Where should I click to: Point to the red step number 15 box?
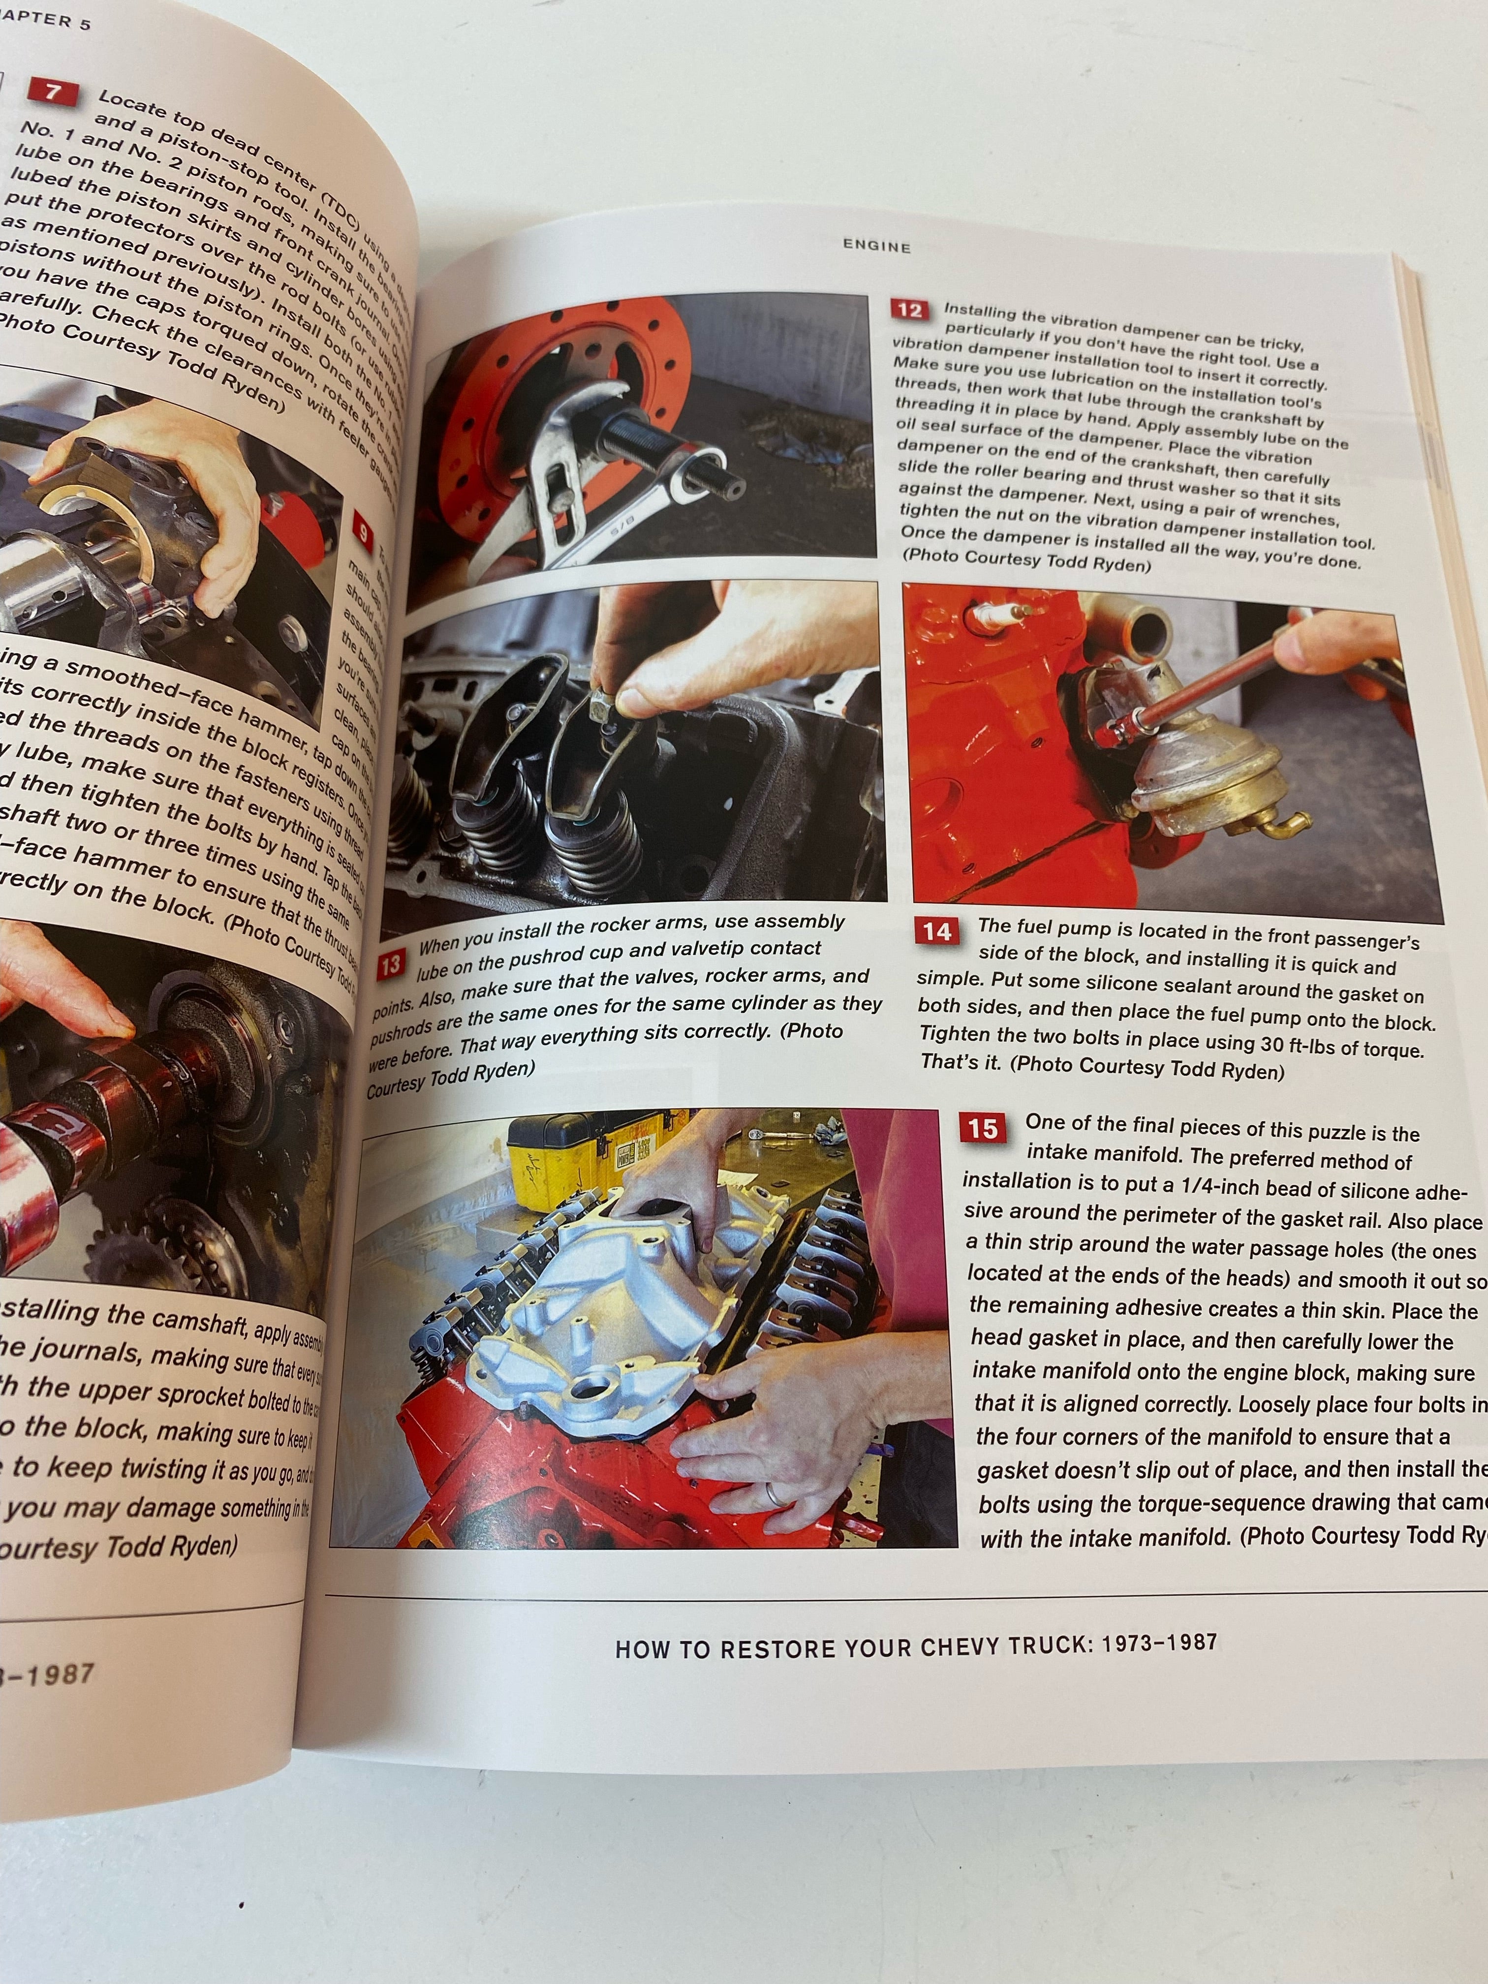(x=982, y=1127)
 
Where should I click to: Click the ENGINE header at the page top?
(x=876, y=246)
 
